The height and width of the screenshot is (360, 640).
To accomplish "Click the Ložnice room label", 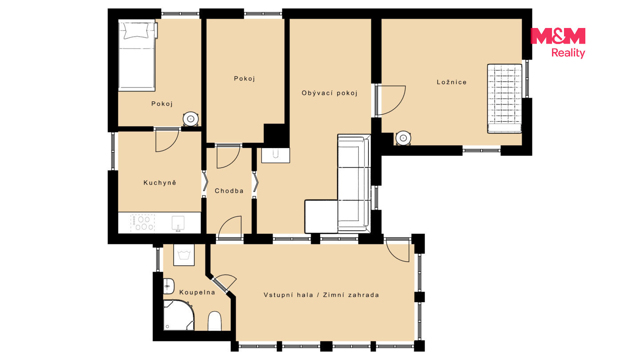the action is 452,82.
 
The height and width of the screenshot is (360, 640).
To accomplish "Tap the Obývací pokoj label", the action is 329,93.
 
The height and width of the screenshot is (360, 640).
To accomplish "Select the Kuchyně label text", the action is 160,183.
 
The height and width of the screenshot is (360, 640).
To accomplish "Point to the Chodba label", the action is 229,191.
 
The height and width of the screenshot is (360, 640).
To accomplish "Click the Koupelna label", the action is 197,292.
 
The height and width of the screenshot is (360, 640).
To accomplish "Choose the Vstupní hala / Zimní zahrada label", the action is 321,295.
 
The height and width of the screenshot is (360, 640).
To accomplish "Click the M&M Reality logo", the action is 558,43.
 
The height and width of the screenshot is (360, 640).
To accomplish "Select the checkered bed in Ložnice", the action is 504,99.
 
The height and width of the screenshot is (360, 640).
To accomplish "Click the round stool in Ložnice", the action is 403,138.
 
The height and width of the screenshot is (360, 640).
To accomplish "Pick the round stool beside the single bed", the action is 191,119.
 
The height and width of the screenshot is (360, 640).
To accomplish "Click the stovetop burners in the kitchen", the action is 143,223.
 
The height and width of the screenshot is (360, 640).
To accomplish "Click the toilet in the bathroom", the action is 214,321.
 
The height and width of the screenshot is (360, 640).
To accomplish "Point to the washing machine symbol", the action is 184,255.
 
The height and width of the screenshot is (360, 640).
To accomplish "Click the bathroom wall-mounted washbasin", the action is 168,286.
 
